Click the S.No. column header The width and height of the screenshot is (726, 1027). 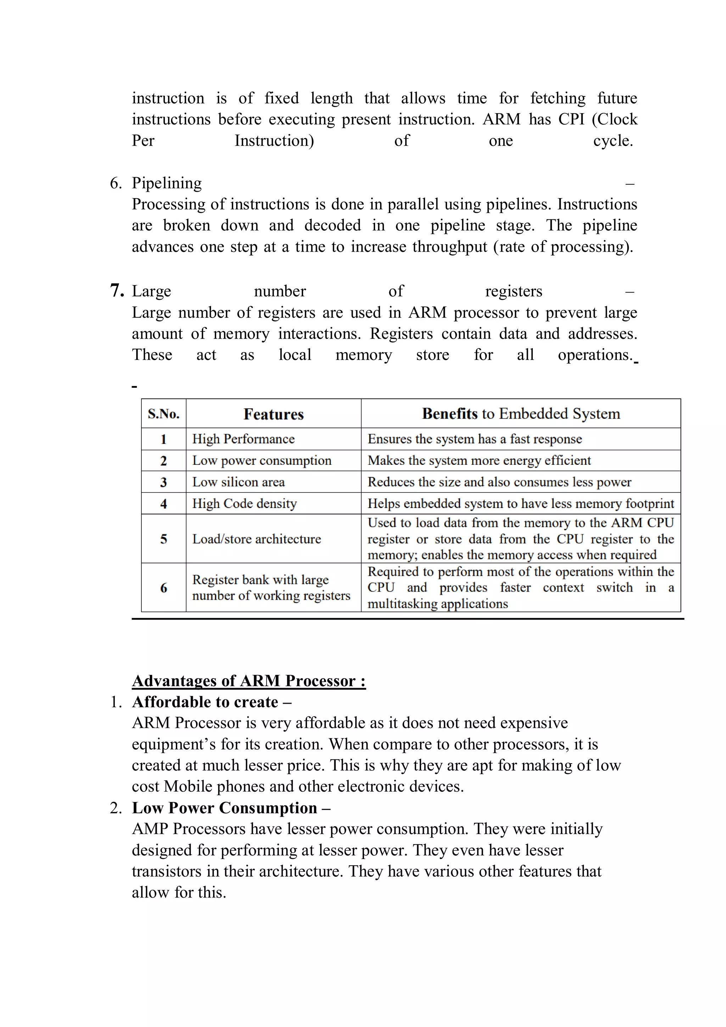tap(164, 414)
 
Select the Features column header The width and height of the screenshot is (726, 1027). tap(273, 414)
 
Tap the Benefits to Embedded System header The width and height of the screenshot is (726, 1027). tap(521, 414)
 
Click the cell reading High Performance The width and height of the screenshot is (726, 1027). tap(243, 439)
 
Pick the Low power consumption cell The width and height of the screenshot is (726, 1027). tap(262, 460)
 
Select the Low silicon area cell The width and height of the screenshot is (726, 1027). tap(239, 482)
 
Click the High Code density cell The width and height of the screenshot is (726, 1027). tap(244, 503)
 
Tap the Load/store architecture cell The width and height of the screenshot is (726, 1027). tap(256, 538)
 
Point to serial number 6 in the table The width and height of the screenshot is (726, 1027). tap(164, 587)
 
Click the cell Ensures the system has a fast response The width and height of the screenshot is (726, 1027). tap(475, 439)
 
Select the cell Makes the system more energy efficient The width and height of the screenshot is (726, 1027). tap(479, 460)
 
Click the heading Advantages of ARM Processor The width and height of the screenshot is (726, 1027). tap(249, 681)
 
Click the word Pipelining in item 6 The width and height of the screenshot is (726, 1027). tap(167, 183)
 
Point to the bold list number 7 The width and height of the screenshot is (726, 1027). tap(117, 291)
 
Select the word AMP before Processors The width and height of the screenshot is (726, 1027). tap(150, 829)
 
